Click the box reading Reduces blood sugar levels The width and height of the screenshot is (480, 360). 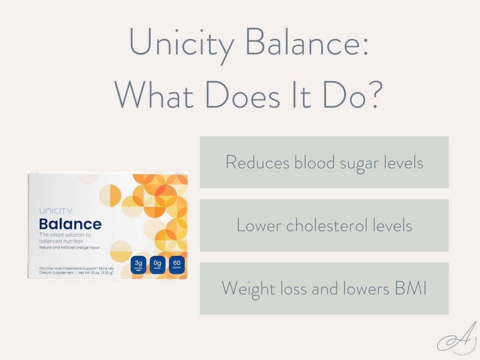324,162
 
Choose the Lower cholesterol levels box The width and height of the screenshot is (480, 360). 324,226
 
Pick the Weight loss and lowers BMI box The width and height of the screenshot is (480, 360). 324,288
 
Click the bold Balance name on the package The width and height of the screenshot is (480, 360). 70,224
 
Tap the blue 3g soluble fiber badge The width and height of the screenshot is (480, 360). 138,265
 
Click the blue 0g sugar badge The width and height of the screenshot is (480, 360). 158,265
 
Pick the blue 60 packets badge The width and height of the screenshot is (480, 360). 176,265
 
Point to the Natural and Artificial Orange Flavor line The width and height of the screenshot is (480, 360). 69,248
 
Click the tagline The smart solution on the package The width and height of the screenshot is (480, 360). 65,235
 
